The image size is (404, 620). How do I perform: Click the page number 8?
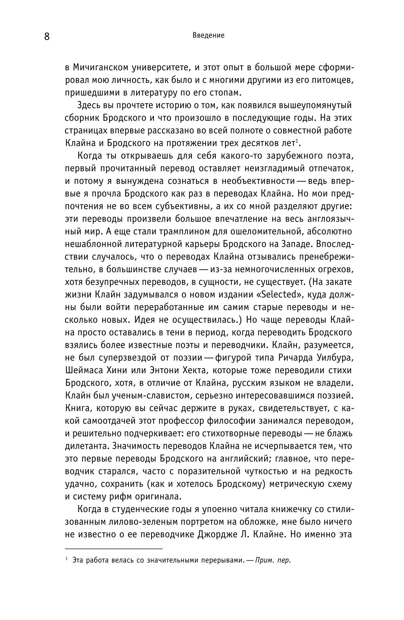click(46, 37)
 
